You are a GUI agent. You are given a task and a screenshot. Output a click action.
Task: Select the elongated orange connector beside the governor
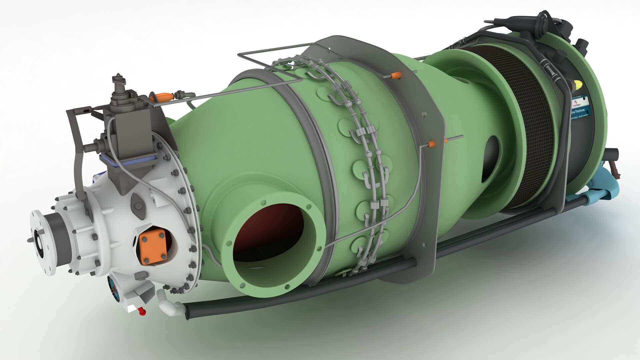[163, 97]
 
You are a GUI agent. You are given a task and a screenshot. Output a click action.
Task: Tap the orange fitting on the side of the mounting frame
[431, 144]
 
